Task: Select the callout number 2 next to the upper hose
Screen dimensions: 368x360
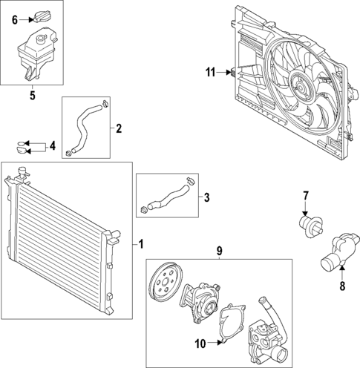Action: (x=119, y=128)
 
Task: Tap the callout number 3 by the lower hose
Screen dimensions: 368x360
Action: (x=207, y=197)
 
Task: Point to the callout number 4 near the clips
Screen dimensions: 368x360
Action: (x=51, y=146)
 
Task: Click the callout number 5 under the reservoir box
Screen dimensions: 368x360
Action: (x=32, y=94)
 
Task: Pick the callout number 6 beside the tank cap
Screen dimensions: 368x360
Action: (x=14, y=20)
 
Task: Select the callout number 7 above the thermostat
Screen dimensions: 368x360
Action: (x=304, y=196)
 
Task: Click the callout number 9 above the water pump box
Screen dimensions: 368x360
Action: (x=219, y=252)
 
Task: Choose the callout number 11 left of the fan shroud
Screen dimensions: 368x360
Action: (x=211, y=72)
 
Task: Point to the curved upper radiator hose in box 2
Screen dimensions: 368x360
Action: (x=83, y=126)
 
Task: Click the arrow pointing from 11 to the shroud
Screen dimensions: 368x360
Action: (x=226, y=72)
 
